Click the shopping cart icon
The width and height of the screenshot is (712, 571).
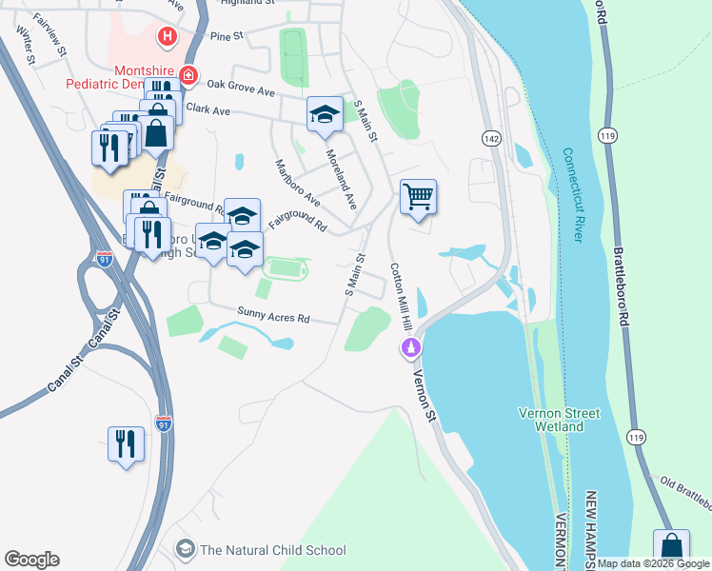pos(419,197)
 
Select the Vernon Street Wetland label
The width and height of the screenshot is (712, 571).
pos(559,420)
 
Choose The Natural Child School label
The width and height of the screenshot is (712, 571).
pos(272,549)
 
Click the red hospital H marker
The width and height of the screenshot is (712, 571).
pos(168,37)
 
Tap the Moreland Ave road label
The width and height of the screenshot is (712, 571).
pos(340,179)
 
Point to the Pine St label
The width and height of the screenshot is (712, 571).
pos(227,36)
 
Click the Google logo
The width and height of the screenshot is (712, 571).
pos(31,560)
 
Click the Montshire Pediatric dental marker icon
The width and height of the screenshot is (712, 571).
pos(188,74)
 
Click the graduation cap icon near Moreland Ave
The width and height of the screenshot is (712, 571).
pos(325,114)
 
